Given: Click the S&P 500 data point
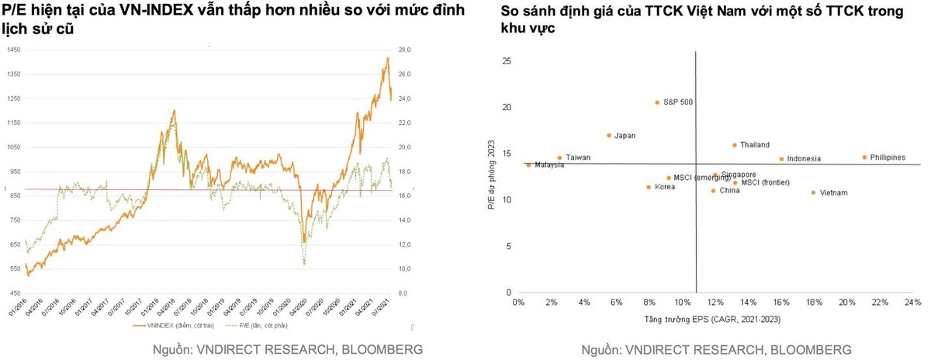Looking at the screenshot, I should click(656, 102).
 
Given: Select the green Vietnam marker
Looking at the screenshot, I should click(813, 192).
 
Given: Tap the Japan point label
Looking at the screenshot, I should click(625, 136).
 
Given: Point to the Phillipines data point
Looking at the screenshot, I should click(864, 157).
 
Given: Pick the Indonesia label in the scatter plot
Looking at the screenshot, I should click(804, 159).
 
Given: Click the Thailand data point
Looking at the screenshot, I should click(734, 145).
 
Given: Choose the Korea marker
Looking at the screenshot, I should click(649, 187).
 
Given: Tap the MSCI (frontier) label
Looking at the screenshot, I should click(766, 183).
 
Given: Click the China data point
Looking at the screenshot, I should click(713, 191).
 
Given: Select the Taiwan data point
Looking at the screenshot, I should click(559, 157).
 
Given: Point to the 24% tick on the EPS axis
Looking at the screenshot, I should click(912, 302).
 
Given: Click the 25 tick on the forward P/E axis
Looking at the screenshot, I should click(506, 61).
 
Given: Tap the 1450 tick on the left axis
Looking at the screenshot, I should click(14, 50).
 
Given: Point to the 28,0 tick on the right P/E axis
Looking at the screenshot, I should click(403, 50).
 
